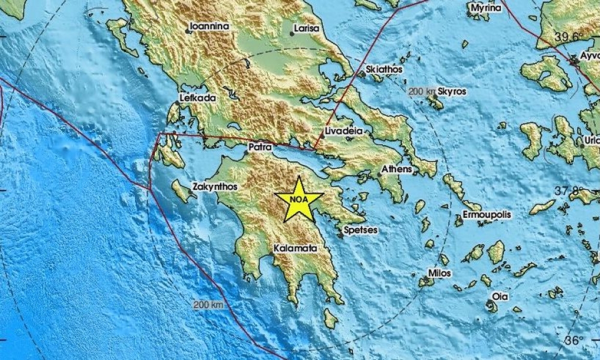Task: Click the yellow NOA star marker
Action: [x=299, y=200]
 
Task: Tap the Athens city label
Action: [x=397, y=169]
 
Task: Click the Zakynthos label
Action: [x=215, y=187]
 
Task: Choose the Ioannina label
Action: [x=209, y=26]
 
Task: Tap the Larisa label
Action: [x=307, y=28]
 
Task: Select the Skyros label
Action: [x=452, y=91]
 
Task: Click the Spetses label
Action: [x=359, y=229]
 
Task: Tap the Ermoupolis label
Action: [x=487, y=214]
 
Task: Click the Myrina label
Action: [x=485, y=10]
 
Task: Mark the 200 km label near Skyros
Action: [x=421, y=91]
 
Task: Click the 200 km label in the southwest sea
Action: [x=209, y=305]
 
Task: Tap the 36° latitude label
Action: [x=574, y=340]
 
